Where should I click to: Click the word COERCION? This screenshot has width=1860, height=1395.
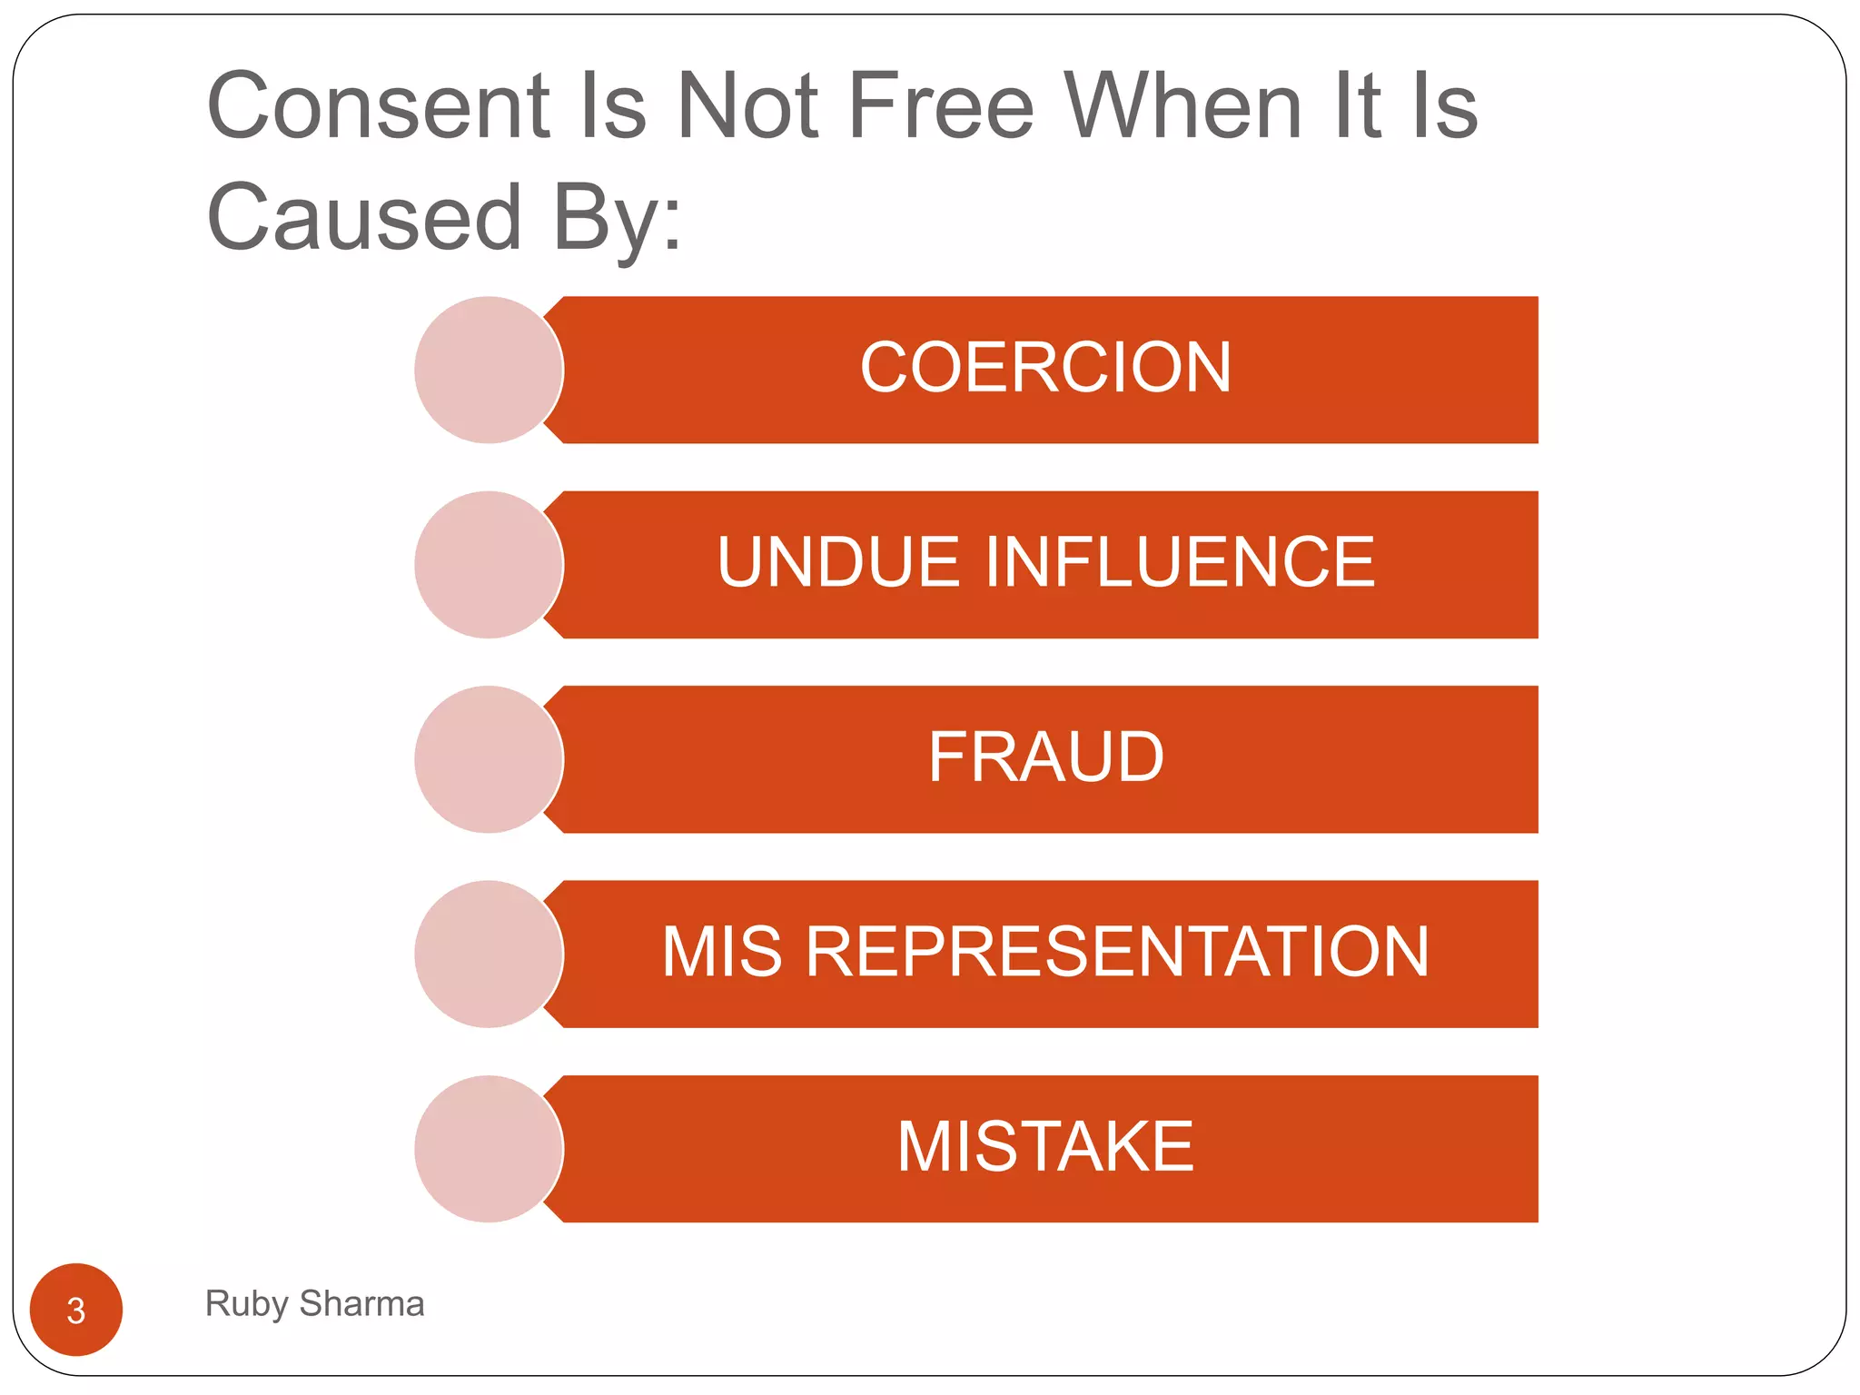point(1045,368)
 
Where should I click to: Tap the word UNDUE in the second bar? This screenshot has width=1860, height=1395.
point(838,562)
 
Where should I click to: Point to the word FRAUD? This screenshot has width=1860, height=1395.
point(1045,757)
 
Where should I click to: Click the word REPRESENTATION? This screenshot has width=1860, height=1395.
point(1117,952)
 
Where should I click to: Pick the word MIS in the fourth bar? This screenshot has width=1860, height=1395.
point(722,952)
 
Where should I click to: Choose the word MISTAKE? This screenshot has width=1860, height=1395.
point(1045,1147)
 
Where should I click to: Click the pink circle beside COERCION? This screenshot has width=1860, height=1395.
point(489,370)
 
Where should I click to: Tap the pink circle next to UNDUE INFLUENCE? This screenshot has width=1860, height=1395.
point(489,565)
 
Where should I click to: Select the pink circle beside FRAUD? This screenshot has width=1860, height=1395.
point(489,759)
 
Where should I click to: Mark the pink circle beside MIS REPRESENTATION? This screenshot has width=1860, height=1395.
point(489,954)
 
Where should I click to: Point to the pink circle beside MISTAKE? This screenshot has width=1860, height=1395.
point(489,1149)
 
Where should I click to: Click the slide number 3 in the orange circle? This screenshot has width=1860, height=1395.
point(76,1311)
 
